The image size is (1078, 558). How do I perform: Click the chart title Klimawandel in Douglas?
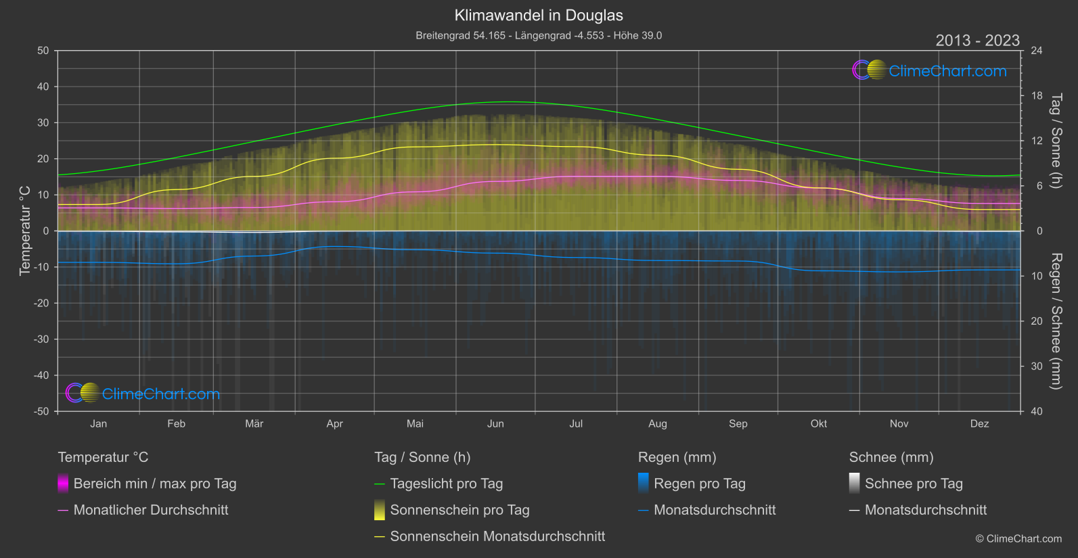pos(539,16)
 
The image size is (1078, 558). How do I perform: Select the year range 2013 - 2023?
pos(977,41)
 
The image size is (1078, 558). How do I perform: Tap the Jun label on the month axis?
pos(495,423)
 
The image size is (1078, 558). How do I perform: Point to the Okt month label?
pos(819,423)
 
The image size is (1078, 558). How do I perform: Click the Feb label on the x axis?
pos(176,423)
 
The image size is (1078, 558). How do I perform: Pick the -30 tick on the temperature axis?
pos(42,340)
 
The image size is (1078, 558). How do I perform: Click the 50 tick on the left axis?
pos(43,51)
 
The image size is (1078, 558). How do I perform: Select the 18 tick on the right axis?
pos(1037,96)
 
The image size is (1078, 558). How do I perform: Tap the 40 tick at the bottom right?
pos(1037,411)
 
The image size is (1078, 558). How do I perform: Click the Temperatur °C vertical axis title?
pos(25,231)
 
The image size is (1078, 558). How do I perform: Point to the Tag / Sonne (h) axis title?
pos(1056,141)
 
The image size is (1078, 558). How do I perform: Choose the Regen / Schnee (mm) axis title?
pos(1056,321)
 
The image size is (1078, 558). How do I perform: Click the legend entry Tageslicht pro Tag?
pos(446,484)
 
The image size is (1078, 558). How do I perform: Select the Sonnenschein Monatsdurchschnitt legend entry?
pos(497,536)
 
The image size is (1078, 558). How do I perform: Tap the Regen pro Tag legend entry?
pos(699,484)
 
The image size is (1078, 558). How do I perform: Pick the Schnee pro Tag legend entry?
pos(914,484)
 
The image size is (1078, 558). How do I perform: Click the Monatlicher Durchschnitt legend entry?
pos(150,510)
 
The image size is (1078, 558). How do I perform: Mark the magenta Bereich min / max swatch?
pos(63,484)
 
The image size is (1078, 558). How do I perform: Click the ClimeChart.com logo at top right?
pos(930,70)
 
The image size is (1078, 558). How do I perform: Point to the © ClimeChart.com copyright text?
pos(1018,539)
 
